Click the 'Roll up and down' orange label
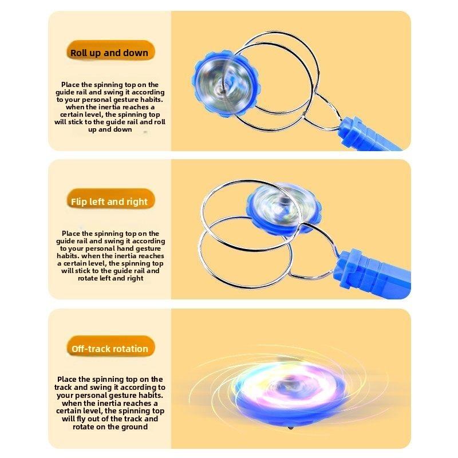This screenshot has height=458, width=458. pyautogui.click(x=109, y=53)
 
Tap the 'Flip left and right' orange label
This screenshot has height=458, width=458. pyautogui.click(x=109, y=202)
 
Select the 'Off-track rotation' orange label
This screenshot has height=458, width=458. pyautogui.click(x=109, y=349)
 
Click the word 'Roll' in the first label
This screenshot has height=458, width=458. pyautogui.click(x=79, y=53)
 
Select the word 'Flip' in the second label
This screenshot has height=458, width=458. pyautogui.click(x=80, y=202)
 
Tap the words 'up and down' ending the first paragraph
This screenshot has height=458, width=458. pyautogui.click(x=110, y=129)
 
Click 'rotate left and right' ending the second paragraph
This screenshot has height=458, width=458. pyautogui.click(x=110, y=278)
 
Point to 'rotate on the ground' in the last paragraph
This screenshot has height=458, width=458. pyautogui.click(x=110, y=427)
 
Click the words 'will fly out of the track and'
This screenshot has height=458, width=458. pyautogui.click(x=110, y=418)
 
